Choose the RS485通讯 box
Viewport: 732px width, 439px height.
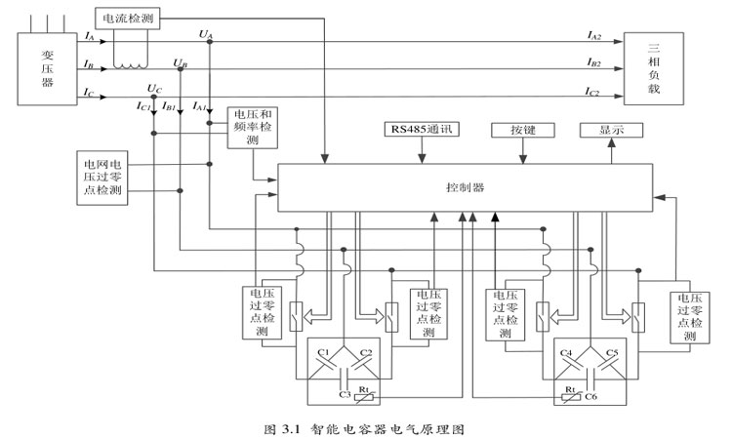click(x=423, y=129)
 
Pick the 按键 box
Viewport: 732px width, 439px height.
click(x=524, y=129)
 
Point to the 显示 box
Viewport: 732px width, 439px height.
click(x=611, y=129)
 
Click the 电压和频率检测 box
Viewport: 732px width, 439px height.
click(x=252, y=128)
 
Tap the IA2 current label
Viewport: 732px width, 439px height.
click(x=593, y=35)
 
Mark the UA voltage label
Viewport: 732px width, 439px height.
click(x=206, y=34)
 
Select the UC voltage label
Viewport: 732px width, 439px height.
click(x=153, y=90)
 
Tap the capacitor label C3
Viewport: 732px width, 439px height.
click(x=345, y=394)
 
